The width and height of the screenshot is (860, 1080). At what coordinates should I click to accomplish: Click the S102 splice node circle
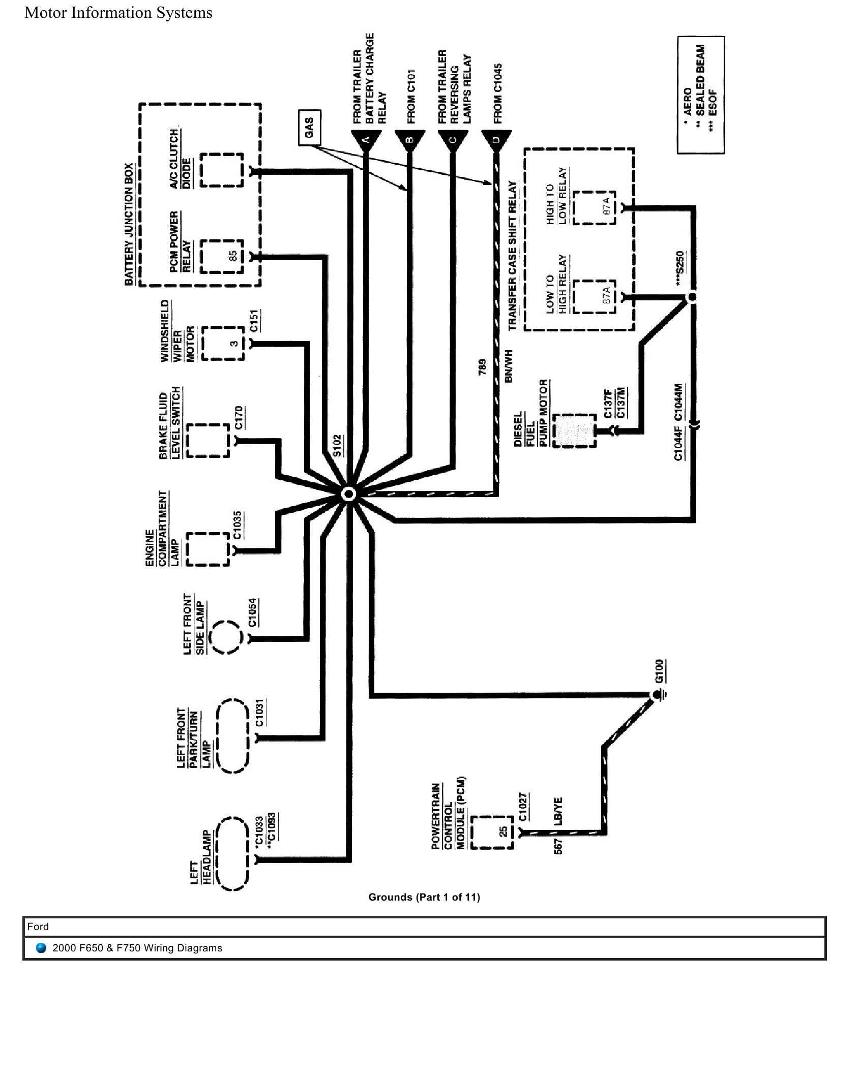349,494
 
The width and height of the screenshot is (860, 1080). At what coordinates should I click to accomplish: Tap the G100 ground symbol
657,695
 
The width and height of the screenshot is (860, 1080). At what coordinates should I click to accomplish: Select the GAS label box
309,127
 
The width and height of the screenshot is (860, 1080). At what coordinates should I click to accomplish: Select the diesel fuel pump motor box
574,430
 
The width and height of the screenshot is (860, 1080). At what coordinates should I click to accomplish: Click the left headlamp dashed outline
232,859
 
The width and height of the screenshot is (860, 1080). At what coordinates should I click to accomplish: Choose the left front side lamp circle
226,637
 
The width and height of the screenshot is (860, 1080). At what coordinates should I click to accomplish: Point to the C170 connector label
240,418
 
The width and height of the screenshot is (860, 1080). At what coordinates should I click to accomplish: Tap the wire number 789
483,367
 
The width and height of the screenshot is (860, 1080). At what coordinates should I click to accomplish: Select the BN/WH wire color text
508,366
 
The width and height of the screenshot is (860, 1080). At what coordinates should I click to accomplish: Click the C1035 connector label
238,525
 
